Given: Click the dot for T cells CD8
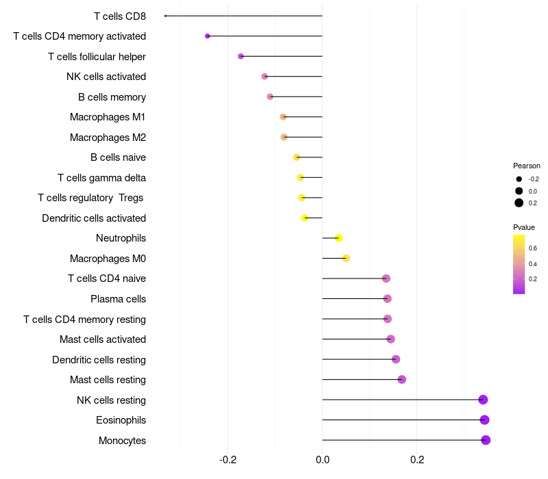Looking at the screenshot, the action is [x=166, y=16].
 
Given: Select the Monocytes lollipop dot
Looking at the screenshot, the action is [x=486, y=440].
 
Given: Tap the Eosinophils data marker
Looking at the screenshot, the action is [x=484, y=420].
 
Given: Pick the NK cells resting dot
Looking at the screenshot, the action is [x=483, y=400].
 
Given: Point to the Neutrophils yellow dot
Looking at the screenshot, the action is [x=338, y=238].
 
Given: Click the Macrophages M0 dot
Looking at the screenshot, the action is [x=346, y=259].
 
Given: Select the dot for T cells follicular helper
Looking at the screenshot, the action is [x=241, y=56].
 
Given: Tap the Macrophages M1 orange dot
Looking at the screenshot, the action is [x=283, y=116].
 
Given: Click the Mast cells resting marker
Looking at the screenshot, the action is [x=402, y=380].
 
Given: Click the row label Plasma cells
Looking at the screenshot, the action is [x=118, y=299].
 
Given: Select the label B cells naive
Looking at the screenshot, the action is [x=118, y=157].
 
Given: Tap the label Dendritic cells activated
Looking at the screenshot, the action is [x=94, y=218].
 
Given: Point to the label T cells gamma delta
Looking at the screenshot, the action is [x=101, y=178].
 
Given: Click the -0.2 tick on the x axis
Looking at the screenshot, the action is [x=228, y=459].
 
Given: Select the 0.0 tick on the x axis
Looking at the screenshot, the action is [x=323, y=459].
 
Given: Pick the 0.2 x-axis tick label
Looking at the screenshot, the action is [x=417, y=459].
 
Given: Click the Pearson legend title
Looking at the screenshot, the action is [x=527, y=166].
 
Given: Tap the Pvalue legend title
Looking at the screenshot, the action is [x=524, y=227].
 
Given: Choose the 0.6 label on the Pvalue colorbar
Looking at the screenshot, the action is [x=533, y=248].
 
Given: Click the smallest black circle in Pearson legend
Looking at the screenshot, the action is [x=519, y=179].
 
